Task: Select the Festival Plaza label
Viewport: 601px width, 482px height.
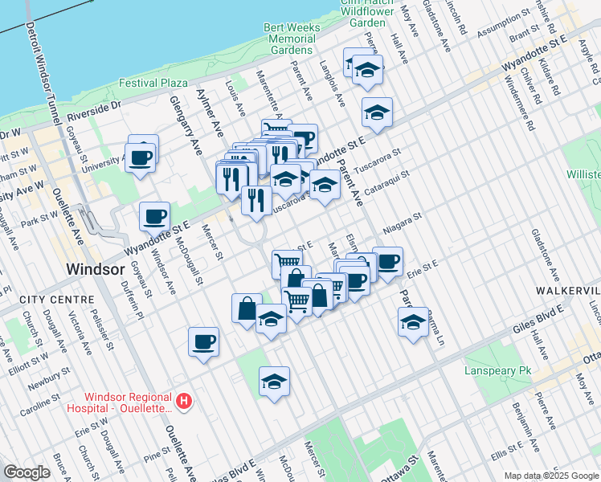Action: click(x=153, y=83)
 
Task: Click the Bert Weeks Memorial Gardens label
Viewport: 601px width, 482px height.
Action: click(x=291, y=39)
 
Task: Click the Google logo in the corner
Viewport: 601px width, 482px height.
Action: click(x=27, y=472)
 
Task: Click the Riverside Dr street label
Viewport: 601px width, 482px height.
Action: click(x=93, y=105)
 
